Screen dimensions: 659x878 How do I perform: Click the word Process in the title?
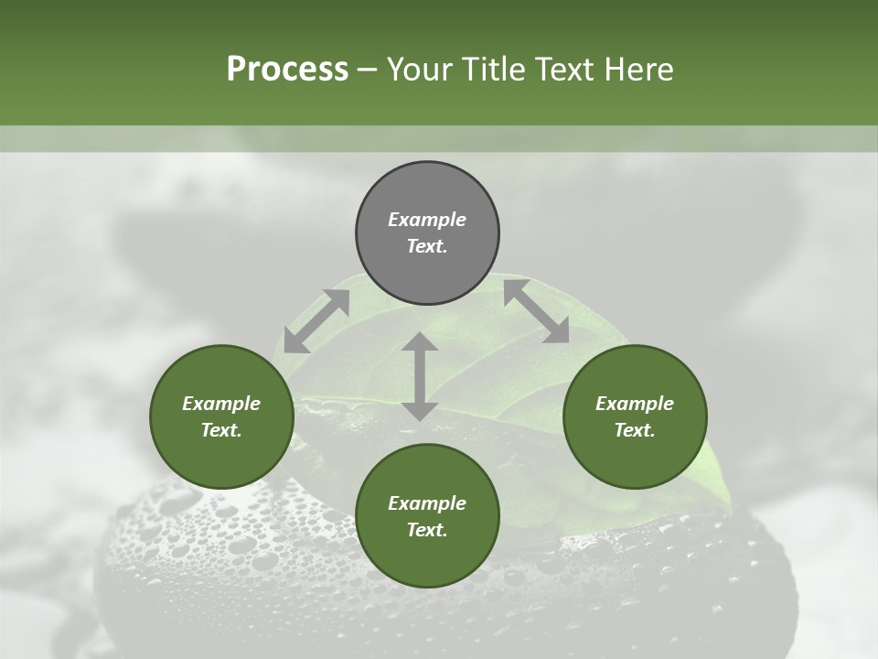click(287, 70)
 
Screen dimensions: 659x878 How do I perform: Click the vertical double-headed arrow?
click(420, 376)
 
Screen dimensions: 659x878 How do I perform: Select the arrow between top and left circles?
click(316, 321)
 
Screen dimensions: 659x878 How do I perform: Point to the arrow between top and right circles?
click(536, 311)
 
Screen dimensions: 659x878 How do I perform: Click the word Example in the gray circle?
click(427, 220)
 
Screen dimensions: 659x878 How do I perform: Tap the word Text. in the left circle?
click(221, 430)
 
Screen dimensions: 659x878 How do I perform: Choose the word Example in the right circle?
click(635, 404)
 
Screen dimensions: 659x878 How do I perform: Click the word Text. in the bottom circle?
click(427, 530)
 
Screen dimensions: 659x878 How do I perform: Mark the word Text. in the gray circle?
click(427, 246)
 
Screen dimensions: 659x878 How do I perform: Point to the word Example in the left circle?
click(221, 404)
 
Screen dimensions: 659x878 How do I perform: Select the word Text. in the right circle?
click(635, 430)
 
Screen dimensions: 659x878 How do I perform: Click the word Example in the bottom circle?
click(427, 503)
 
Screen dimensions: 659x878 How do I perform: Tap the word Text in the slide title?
click(559, 70)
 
